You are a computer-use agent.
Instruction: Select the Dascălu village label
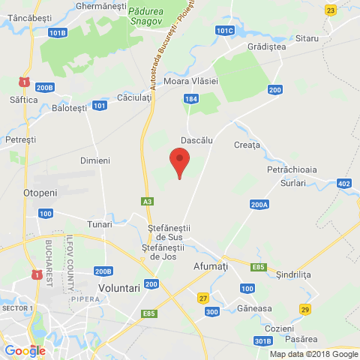tap(197, 140)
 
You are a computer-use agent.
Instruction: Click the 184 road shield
tap(191, 98)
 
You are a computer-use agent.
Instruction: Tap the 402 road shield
tap(343, 184)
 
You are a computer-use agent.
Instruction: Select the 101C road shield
tap(224, 31)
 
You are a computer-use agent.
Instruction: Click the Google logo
tap(25, 350)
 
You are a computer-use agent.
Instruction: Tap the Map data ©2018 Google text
tap(313, 354)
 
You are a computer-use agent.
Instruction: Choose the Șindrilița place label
tap(292, 274)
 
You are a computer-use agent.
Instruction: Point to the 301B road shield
tap(262, 341)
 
